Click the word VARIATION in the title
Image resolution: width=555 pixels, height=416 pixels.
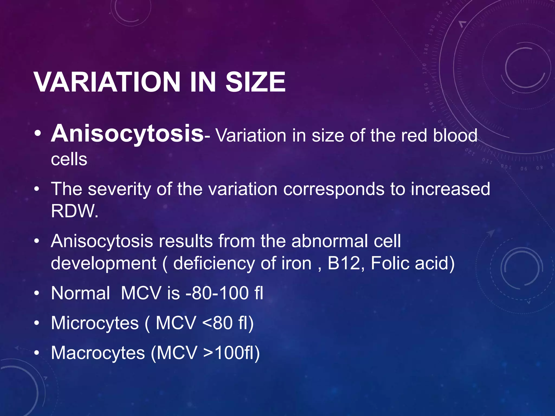pyautogui.click(x=107, y=82)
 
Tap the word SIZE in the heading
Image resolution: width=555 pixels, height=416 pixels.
pyautogui.click(x=255, y=82)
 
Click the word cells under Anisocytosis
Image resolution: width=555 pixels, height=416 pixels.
pyautogui.click(x=69, y=159)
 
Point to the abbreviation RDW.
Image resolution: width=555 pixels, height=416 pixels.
pyautogui.click(x=74, y=211)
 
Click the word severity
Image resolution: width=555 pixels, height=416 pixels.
pyautogui.click(x=119, y=189)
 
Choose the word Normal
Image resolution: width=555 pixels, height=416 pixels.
pyautogui.click(x=80, y=293)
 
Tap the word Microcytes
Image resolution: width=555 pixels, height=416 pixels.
pyautogui.click(x=95, y=323)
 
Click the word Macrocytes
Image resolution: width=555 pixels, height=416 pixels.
pyautogui.click(x=98, y=353)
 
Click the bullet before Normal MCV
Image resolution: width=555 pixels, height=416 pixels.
pyautogui.click(x=37, y=294)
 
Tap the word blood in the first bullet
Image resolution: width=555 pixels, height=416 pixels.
pyautogui.click(x=455, y=135)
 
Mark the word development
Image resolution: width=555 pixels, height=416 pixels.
pyautogui.click(x=104, y=263)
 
